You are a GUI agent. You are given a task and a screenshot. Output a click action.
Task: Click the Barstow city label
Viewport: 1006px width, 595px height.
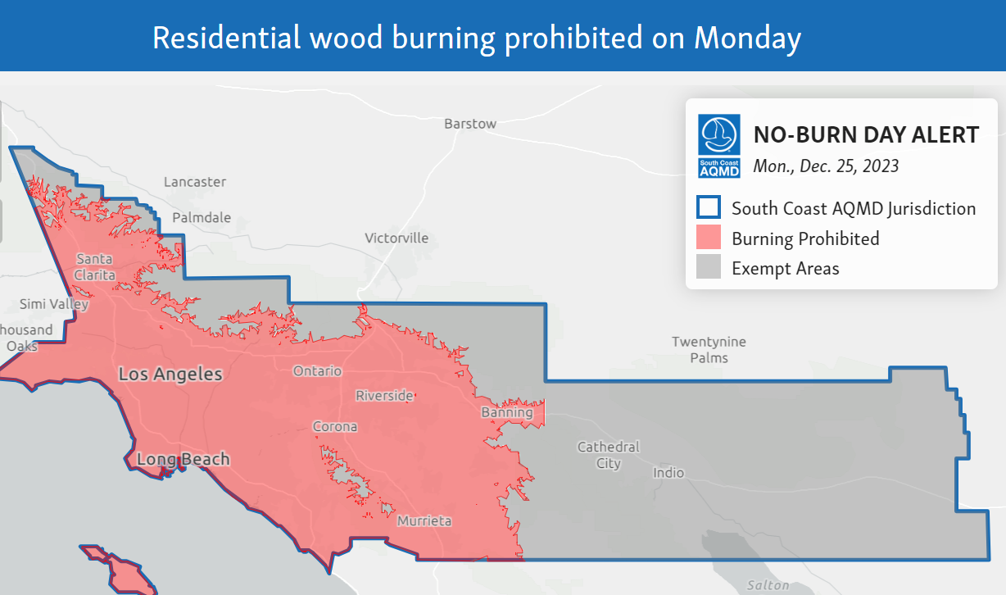[470, 124]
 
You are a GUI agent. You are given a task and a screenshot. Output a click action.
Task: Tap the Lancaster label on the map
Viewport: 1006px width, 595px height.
[195, 182]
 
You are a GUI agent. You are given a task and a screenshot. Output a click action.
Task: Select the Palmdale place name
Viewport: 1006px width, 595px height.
[202, 218]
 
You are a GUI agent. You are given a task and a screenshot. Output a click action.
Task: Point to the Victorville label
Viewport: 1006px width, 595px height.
[397, 238]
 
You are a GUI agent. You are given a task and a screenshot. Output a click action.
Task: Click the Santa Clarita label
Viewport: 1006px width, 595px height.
[94, 267]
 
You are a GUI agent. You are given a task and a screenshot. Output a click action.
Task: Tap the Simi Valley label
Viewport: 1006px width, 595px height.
[54, 304]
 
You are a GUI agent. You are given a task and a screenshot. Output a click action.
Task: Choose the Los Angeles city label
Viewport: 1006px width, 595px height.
[170, 375]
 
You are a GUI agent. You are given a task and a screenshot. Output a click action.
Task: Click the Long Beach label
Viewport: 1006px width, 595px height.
[183, 459]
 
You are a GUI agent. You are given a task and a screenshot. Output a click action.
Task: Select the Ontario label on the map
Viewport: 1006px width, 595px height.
[317, 371]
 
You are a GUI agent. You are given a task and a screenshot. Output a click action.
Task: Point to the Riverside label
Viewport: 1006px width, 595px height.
[384, 396]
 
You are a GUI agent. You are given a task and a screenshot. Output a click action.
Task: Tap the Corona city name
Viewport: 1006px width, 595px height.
[335, 427]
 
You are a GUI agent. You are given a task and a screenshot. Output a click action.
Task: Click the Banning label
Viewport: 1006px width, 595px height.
[507, 413]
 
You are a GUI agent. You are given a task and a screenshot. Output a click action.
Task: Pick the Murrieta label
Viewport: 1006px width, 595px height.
[424, 521]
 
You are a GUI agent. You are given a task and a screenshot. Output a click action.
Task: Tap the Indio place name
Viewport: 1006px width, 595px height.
[668, 473]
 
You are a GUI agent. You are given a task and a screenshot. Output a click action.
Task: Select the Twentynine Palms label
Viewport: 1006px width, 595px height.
[709, 350]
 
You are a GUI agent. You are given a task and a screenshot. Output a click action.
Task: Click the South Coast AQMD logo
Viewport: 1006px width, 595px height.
[719, 145]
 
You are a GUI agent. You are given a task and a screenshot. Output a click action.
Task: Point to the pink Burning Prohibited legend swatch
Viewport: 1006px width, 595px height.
[709, 238]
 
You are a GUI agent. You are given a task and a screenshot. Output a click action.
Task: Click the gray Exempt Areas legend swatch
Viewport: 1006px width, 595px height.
[709, 268]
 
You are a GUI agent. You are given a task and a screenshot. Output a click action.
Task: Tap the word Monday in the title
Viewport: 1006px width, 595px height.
[746, 38]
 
